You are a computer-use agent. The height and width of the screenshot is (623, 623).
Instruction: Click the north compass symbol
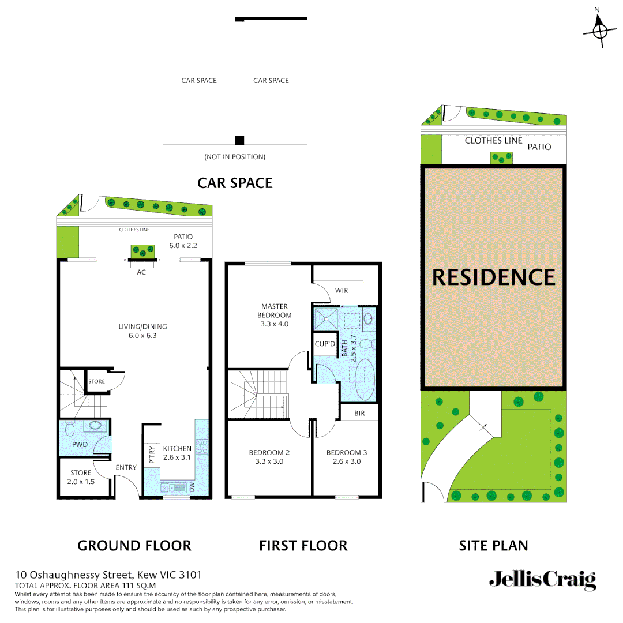coord(599,29)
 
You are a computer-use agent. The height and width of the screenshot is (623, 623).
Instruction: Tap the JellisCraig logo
coord(542,580)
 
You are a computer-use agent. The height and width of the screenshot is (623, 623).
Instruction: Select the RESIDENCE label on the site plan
coord(493,277)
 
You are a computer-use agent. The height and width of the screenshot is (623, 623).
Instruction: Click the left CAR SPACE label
coord(199,81)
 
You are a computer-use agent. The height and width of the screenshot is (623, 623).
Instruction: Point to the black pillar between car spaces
coord(240,140)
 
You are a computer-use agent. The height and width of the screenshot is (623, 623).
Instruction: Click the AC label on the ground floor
coord(141,272)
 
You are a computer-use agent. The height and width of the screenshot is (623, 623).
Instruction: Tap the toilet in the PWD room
coord(70,429)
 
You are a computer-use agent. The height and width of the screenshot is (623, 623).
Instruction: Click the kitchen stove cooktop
coord(202,446)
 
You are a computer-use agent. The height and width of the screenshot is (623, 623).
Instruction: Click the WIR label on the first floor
coord(341,291)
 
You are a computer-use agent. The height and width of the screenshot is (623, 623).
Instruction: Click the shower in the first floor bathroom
coord(324,318)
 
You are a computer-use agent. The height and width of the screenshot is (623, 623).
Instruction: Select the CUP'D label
coord(325,344)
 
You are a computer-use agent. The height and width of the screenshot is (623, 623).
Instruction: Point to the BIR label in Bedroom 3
coord(359,413)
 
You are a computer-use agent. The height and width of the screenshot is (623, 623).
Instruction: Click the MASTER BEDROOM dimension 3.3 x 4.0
coord(275,324)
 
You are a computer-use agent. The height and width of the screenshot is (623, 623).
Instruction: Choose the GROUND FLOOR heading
coord(134,545)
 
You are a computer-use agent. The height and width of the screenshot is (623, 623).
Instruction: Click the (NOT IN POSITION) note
coord(235,157)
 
